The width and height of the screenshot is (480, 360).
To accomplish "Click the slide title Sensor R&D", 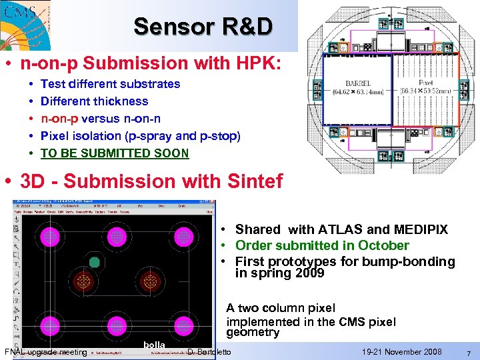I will click(203, 27).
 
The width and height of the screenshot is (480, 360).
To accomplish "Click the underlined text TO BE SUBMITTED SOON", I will click(115, 153).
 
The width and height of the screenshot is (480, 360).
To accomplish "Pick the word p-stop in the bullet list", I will click(221, 136).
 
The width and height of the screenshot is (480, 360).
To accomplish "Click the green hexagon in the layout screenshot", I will click(94, 262).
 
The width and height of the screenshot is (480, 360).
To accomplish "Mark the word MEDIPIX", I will click(421, 229).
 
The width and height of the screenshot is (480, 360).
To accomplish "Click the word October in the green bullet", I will click(381, 245).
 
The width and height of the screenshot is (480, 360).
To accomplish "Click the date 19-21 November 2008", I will click(402, 351).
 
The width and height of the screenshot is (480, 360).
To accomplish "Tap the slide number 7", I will click(469, 352).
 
